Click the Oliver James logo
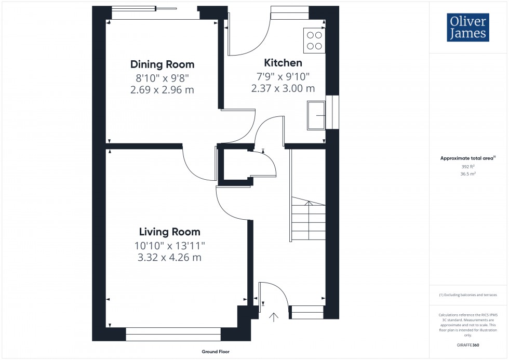467,28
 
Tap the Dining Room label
162,65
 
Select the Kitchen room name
283,63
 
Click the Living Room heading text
169,232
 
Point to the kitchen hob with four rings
314,41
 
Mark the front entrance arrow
274,316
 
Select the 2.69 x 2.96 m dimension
162,90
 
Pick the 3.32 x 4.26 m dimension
169,257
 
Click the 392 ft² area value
468,167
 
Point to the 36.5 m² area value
468,174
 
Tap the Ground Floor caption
216,352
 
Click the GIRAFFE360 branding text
468,345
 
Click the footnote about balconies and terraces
468,295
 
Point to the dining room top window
144,12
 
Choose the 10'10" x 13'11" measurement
169,245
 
